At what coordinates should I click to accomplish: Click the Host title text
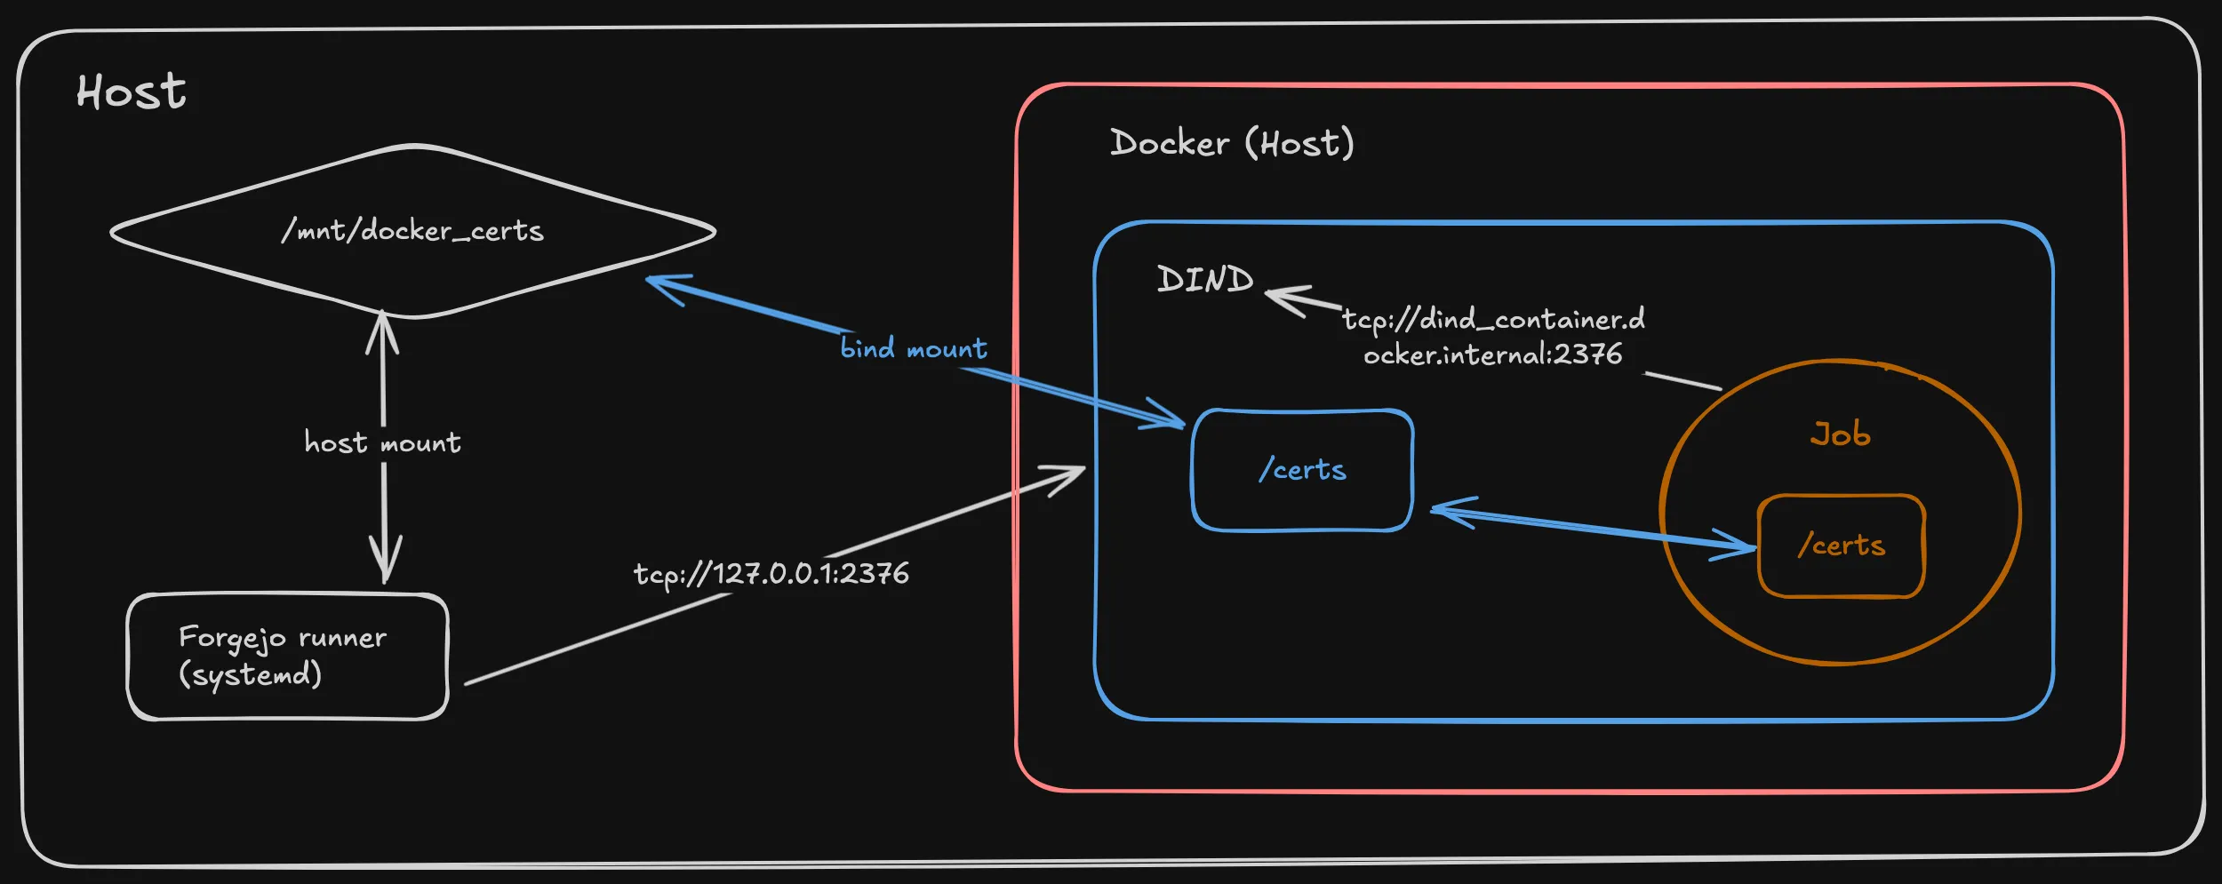coord(132,92)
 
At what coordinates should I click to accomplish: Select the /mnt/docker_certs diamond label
coord(412,231)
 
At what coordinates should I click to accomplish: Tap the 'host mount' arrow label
coord(382,442)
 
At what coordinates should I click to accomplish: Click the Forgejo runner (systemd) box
coord(287,657)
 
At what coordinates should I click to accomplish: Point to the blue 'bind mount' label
coord(914,348)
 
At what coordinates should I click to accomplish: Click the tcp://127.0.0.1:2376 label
coord(771,574)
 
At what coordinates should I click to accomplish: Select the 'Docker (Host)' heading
coord(1232,143)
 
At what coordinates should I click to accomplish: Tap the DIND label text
coord(1204,280)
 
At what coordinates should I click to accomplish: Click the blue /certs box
coord(1302,470)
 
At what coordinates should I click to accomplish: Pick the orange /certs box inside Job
coord(1841,546)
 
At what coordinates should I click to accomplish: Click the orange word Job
coord(1840,434)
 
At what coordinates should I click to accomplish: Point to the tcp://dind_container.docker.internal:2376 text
coord(1493,337)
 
